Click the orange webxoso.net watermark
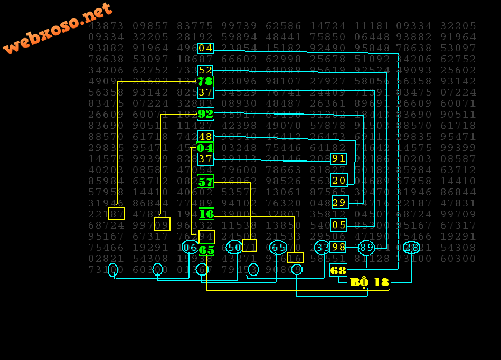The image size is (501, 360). (x=58, y=27)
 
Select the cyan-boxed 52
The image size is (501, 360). (x=205, y=71)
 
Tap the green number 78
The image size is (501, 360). (x=205, y=81)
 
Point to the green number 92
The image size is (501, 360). (x=205, y=114)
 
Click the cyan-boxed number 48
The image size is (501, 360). (x=205, y=137)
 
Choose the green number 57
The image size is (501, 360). (x=205, y=182)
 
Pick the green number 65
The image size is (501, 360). (x=206, y=250)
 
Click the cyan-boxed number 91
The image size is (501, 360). (x=338, y=158)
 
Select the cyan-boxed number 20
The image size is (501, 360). (x=338, y=181)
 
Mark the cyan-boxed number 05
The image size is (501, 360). (x=338, y=225)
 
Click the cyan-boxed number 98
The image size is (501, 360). (x=338, y=247)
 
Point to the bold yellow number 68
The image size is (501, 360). (x=338, y=270)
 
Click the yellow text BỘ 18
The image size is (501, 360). (x=370, y=282)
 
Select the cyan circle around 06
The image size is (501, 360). (x=190, y=247)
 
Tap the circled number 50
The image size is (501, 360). (x=234, y=247)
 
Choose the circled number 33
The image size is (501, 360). (x=322, y=247)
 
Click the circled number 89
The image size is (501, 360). (x=366, y=248)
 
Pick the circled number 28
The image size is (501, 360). (x=411, y=248)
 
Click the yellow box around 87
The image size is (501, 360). (x=116, y=214)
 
